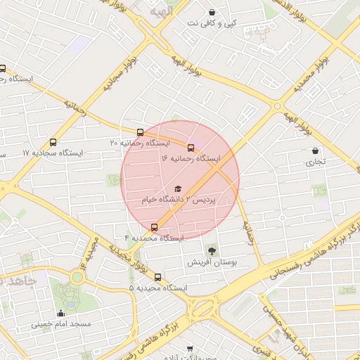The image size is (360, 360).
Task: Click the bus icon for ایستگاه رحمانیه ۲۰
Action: (x=140, y=132)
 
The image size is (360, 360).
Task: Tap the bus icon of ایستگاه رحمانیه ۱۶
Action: (x=191, y=148)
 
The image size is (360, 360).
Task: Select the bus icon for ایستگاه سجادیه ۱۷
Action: (x=53, y=142)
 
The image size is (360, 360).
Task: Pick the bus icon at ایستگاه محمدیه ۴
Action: (x=155, y=227)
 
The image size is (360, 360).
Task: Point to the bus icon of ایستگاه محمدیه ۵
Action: (x=157, y=277)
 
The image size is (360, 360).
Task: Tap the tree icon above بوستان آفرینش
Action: (x=212, y=250)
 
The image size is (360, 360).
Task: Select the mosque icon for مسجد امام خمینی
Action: (x=60, y=314)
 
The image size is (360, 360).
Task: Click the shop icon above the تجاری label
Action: (x=314, y=150)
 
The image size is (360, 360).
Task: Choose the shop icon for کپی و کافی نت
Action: (x=212, y=12)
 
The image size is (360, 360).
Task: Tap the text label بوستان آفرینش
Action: (x=212, y=262)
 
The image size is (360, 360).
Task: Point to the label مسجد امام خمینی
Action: (x=60, y=325)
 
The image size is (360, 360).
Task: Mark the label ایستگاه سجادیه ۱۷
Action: (x=53, y=153)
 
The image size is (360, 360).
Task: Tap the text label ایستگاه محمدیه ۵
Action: (x=158, y=288)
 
